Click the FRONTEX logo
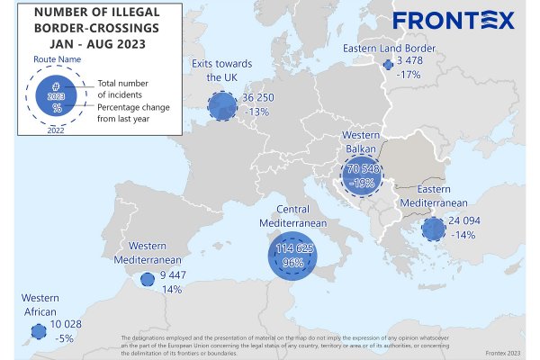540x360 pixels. pos(453,20)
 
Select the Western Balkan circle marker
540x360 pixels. pos(364,175)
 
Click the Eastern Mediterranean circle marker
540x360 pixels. pos(434,229)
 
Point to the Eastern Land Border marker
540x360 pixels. pos(388,65)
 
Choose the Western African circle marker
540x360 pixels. pos(38,332)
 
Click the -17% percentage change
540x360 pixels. pos(409,75)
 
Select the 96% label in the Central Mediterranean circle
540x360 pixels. pos(292,265)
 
